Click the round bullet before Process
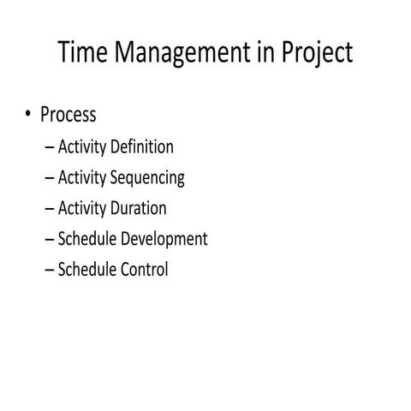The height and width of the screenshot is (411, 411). pos(29,115)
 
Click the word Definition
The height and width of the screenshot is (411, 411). pos(142,146)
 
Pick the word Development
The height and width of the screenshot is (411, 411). pos(165,239)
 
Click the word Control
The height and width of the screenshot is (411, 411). pos(143,269)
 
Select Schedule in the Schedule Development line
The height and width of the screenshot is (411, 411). pos(88,239)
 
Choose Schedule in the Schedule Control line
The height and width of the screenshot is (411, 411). pos(88,269)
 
